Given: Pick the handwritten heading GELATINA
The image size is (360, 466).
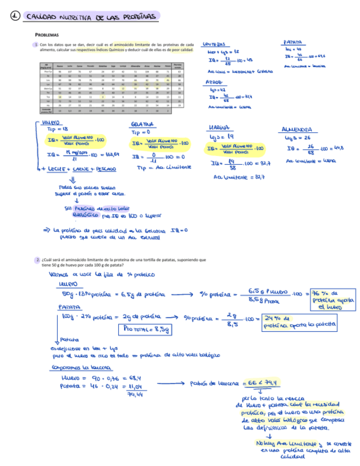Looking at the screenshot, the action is coord(141,125).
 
